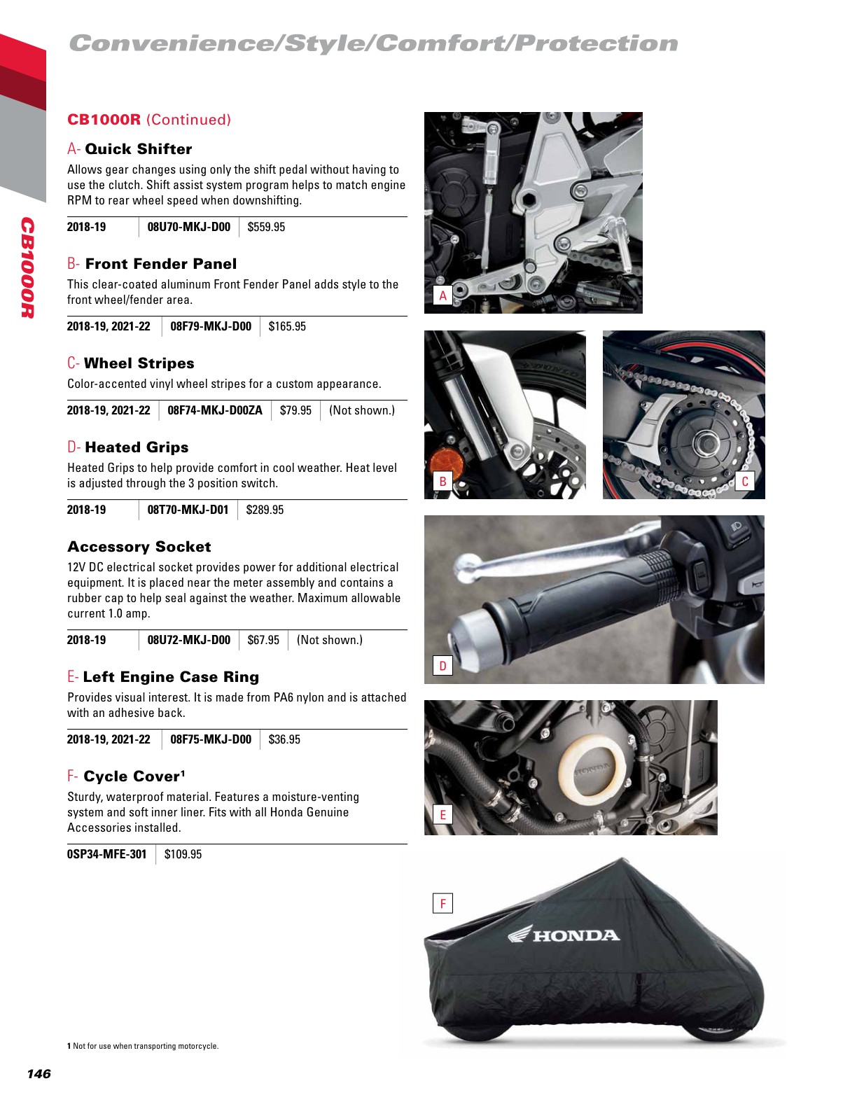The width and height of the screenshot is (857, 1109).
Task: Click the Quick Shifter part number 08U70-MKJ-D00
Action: pyautogui.click(x=188, y=227)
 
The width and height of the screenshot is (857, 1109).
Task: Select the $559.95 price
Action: pyautogui.click(x=266, y=227)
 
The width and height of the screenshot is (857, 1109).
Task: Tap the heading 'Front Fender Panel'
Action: pyautogui.click(x=160, y=264)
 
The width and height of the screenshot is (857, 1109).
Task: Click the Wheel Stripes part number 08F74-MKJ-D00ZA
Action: pyautogui.click(x=214, y=410)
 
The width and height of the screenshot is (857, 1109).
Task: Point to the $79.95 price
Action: pyautogui.click(x=295, y=410)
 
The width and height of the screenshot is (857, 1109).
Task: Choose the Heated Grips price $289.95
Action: pyautogui.click(x=265, y=510)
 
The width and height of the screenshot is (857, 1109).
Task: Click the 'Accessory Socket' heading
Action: pyautogui.click(x=139, y=547)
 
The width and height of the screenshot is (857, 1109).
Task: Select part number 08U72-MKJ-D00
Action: pyautogui.click(x=188, y=640)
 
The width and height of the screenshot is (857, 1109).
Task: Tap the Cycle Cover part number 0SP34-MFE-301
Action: pyautogui.click(x=106, y=854)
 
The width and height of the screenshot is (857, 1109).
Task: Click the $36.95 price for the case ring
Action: pyautogui.click(x=284, y=739)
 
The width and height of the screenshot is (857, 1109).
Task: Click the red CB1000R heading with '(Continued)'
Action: pyautogui.click(x=149, y=120)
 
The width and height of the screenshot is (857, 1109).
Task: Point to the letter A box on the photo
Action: pyautogui.click(x=443, y=296)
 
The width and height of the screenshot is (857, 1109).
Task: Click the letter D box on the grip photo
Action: pyautogui.click(x=443, y=666)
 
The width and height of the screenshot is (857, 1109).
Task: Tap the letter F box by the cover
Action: pyautogui.click(x=443, y=904)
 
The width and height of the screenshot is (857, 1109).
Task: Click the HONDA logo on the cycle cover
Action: pyautogui.click(x=564, y=935)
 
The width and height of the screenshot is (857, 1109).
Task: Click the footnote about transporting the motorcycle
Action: pyautogui.click(x=143, y=1046)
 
